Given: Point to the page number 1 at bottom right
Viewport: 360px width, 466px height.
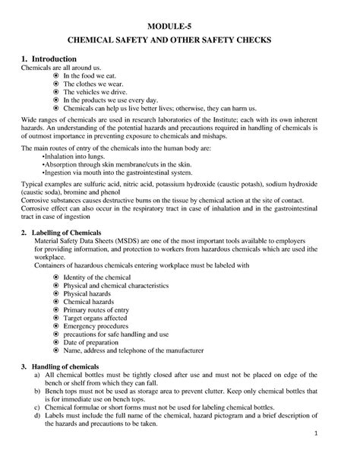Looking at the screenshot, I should [336, 433].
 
